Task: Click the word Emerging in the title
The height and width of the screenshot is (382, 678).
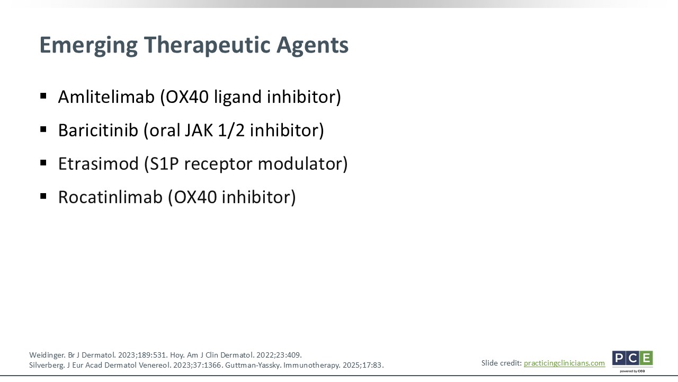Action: [88, 46]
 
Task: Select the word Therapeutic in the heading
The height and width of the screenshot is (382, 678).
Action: [207, 46]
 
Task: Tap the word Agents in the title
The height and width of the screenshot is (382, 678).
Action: [313, 46]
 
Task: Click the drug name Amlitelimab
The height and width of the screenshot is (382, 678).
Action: [106, 97]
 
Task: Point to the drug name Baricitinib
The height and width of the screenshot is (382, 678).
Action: [98, 130]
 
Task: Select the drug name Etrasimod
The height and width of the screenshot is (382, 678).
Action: [98, 163]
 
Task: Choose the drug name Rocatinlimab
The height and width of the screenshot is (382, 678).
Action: [110, 197]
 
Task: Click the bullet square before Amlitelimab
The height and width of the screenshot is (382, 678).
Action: [43, 96]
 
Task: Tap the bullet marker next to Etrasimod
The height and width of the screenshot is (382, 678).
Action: [43, 163]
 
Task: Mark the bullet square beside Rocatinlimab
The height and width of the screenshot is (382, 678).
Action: [43, 196]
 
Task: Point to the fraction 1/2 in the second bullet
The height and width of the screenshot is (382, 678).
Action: [231, 130]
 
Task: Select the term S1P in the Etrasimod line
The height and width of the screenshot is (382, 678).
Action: [164, 163]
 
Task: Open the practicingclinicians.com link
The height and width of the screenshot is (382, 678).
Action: [564, 363]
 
